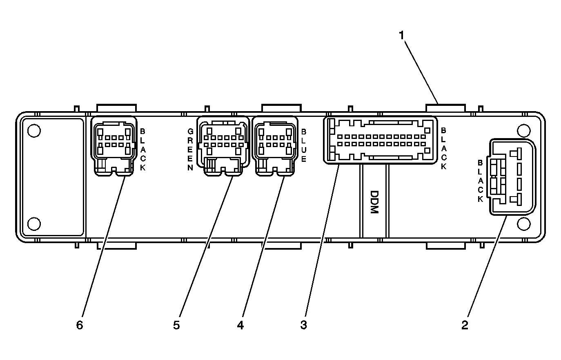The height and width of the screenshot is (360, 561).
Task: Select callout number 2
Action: [x=465, y=325]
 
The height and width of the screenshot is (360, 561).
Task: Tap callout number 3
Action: [x=303, y=325]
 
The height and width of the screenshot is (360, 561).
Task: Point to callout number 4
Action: [x=240, y=325]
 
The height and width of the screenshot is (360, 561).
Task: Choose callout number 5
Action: [x=176, y=325]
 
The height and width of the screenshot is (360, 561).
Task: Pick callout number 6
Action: [x=80, y=325]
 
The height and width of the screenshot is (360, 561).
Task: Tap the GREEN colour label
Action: [x=190, y=150]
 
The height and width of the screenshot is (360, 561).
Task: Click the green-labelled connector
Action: [x=223, y=145]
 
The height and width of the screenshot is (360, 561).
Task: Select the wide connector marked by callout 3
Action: [x=380, y=140]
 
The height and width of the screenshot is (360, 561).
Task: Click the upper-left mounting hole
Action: [x=34, y=130]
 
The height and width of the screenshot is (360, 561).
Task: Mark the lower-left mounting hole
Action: [x=34, y=224]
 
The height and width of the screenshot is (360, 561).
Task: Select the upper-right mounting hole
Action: [x=523, y=130]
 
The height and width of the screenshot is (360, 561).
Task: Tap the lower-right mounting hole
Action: [x=523, y=224]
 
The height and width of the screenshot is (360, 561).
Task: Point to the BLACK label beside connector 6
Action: [x=142, y=150]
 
